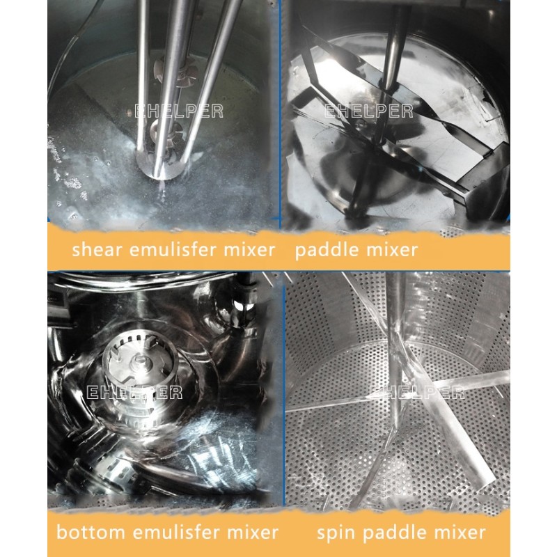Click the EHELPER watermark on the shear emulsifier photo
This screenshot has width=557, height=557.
point(178,110)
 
